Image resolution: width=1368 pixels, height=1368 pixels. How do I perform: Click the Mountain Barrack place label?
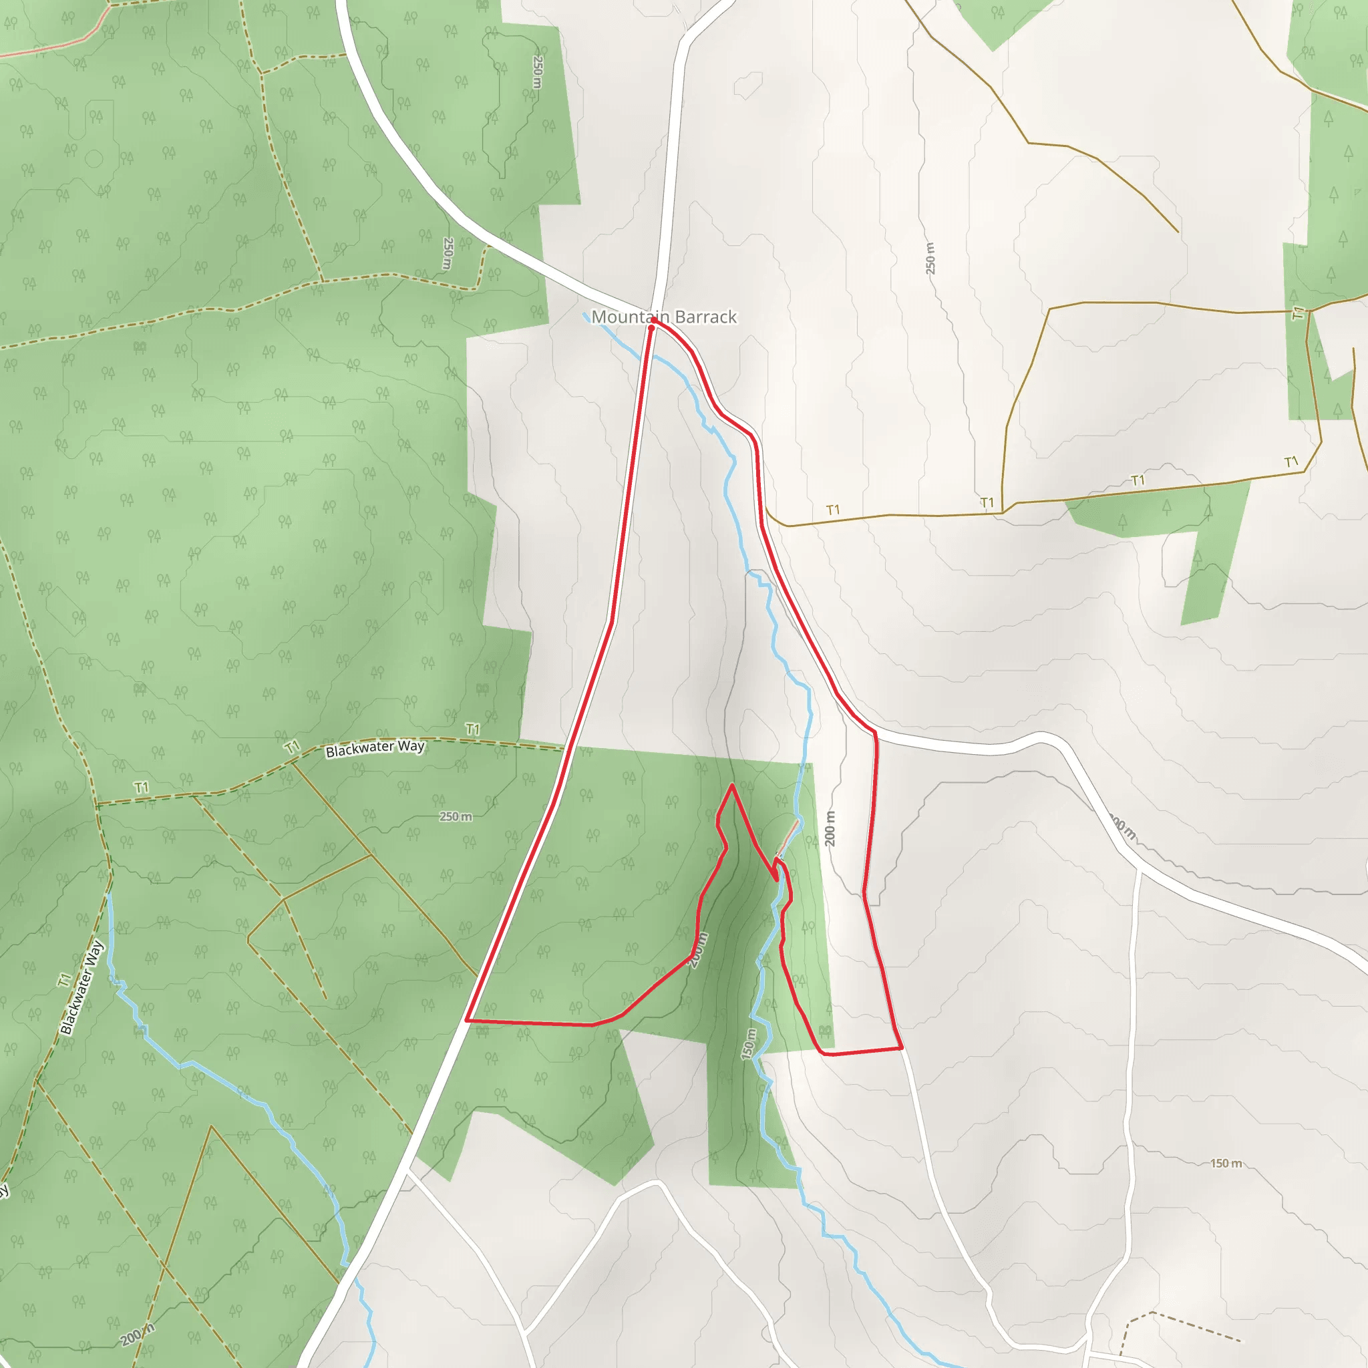coord(664,317)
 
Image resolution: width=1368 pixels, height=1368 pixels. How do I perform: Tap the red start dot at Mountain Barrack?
coord(651,328)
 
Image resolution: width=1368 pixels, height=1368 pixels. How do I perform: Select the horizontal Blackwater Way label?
coord(375,747)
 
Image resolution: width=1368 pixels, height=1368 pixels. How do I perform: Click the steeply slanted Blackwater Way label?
coord(81,988)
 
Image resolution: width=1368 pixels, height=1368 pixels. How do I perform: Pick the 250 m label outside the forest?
coord(930,258)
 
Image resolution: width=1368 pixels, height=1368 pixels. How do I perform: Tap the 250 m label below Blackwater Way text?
coord(456,816)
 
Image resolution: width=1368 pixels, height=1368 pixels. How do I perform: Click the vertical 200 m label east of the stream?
coord(830,828)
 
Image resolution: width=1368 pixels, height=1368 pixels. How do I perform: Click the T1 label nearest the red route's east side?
coord(833,510)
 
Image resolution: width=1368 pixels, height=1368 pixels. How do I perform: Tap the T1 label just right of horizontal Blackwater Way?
coord(472,729)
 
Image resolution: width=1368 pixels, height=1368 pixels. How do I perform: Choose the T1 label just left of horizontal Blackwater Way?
coord(292,747)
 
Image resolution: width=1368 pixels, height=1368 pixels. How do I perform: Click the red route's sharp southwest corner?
coord(467,1021)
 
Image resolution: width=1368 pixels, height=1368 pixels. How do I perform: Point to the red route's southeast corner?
coord(901,1047)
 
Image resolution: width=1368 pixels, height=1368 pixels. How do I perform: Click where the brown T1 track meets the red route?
coord(765,507)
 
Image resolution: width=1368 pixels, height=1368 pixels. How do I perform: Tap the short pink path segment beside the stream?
coord(788,838)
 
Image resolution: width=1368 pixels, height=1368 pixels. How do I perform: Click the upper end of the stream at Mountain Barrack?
coord(585,314)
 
